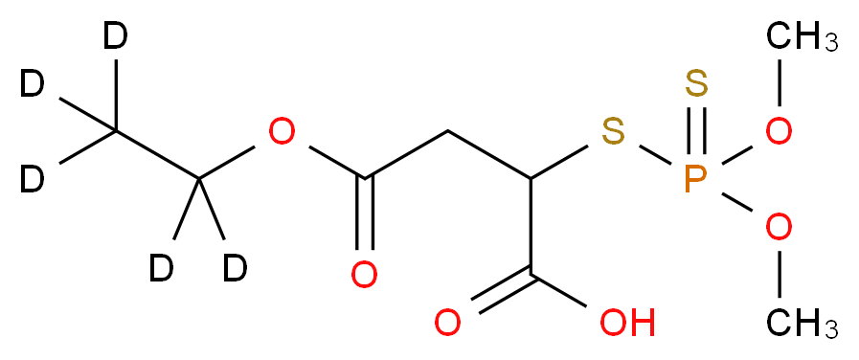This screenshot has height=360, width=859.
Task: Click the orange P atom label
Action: click(696, 179)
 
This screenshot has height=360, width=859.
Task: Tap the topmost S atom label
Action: click(696, 85)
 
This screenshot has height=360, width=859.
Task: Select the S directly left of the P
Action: click(614, 132)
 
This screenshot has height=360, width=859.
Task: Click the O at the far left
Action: click(282, 132)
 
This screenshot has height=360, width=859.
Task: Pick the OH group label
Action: click(626, 324)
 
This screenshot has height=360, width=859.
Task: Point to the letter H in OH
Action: click(642, 324)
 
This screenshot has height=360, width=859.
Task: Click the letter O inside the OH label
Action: click(612, 324)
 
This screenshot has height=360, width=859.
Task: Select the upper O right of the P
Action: click(779, 132)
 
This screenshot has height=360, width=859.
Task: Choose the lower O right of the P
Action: click(779, 228)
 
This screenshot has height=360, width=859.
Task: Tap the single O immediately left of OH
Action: click(447, 324)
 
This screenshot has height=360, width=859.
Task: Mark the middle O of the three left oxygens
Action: click(364, 276)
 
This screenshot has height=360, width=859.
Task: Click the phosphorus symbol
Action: click(696, 179)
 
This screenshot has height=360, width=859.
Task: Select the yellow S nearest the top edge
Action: click(696, 85)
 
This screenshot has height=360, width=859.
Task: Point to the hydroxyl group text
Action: click(626, 324)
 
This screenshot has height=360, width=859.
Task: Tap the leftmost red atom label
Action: click(282, 132)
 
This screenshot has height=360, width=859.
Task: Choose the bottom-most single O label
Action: click(447, 324)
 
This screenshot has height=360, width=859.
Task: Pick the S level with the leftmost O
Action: click(614, 132)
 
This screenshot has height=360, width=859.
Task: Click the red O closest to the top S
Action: click(779, 132)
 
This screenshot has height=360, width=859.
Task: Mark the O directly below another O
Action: click(779, 228)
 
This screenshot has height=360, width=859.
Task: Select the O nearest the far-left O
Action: click(364, 276)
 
